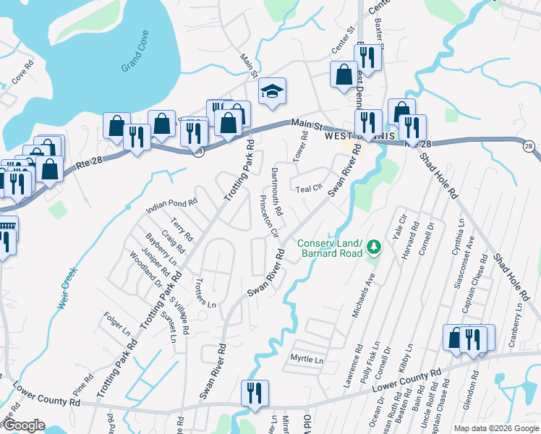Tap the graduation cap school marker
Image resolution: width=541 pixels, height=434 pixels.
tap(272, 91)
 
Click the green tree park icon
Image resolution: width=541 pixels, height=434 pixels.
tap(374, 248)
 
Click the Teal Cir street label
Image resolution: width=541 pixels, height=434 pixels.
tap(309, 189)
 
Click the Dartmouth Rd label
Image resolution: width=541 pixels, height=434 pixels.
tap(278, 195)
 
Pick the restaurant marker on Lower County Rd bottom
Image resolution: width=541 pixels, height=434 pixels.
tap(254, 393)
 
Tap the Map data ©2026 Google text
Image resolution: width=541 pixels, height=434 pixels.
tap(495, 428)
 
